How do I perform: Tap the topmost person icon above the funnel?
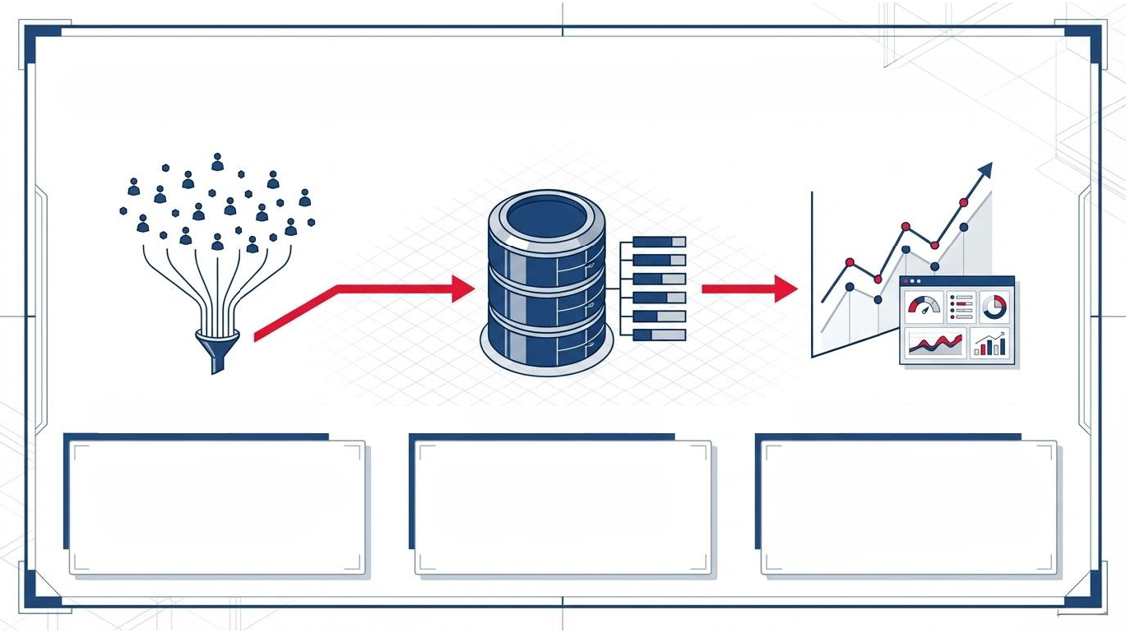pos(217,162)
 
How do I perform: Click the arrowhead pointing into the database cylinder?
pos(462,289)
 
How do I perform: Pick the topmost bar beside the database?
pos(659,242)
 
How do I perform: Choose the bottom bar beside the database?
pos(659,335)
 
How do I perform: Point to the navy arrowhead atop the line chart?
pos(985,170)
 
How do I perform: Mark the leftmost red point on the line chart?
pos(850,263)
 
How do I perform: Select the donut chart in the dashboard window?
pos(994,307)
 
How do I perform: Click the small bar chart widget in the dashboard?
pos(990,344)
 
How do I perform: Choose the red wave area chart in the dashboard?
pos(936,344)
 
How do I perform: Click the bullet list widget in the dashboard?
pos(960,307)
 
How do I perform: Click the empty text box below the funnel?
pos(216,506)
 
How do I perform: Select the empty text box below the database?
pos(563,506)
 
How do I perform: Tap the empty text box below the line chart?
pos(908,506)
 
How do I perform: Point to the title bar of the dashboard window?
pos(958,281)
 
